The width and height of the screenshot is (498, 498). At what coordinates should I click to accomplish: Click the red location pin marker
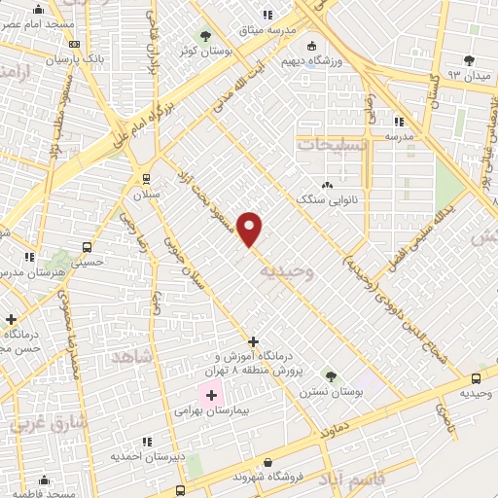coord(250,229)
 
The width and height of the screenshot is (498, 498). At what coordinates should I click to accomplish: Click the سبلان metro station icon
coord(146,178)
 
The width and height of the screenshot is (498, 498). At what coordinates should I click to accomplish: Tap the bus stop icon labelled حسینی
coord(88,247)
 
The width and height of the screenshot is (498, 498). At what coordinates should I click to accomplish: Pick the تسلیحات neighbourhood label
coord(333,143)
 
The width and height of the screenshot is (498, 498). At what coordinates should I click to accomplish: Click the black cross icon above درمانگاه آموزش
coord(253,341)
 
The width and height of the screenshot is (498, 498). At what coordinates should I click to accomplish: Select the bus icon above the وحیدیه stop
coord(476,378)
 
